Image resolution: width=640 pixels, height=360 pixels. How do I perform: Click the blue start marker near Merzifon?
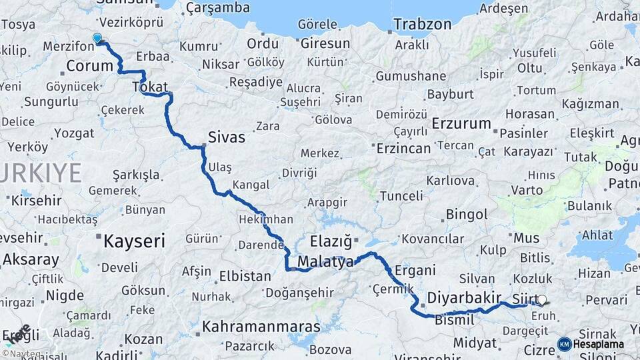pos(97,38)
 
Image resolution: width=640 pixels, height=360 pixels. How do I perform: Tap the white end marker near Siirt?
pos(542,301)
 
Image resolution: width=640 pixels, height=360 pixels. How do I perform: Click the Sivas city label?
pos(227,138)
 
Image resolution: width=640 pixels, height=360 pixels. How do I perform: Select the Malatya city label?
pos(326,262)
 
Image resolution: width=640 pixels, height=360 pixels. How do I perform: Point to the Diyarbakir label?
pos(463,297)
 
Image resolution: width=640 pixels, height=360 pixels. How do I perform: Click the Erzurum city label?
pos(461,124)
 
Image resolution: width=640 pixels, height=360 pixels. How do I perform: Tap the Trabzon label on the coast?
pos(422,25)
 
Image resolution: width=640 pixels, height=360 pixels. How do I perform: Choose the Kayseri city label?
pos(133,241)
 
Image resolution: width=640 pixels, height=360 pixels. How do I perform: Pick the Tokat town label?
pos(150,86)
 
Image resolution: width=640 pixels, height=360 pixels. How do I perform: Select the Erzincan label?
pos(403,149)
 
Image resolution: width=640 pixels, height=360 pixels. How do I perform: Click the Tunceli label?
pos(401,196)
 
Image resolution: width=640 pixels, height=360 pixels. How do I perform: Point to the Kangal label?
pos(251,185)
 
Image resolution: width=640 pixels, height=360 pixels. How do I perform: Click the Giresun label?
pos(325,43)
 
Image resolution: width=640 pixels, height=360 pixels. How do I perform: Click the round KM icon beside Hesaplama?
pos(564,344)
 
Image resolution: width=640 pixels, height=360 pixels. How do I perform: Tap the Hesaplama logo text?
pos(599,345)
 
